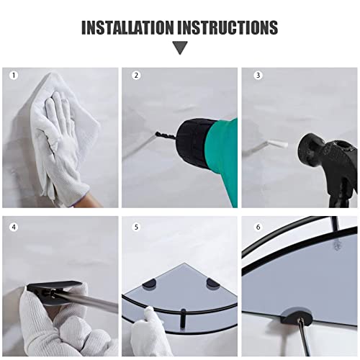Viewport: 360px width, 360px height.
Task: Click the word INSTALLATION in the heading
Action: (x=127, y=27)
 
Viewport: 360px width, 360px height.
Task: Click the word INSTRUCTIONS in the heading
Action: (x=228, y=27)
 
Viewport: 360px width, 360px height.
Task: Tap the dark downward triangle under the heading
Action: (x=180, y=48)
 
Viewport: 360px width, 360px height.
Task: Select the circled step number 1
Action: (x=14, y=76)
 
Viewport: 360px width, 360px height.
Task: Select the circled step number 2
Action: (x=136, y=76)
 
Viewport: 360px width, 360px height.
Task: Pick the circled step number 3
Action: (x=258, y=76)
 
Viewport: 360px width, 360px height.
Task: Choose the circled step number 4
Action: (x=14, y=227)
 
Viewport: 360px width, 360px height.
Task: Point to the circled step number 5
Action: (x=136, y=227)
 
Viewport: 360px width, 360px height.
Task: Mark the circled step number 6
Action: (x=258, y=227)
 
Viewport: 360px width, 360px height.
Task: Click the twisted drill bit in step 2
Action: (x=166, y=135)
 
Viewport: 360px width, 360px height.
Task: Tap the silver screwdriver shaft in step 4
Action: (x=91, y=302)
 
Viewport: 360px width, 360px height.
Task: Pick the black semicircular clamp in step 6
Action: (x=297, y=315)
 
